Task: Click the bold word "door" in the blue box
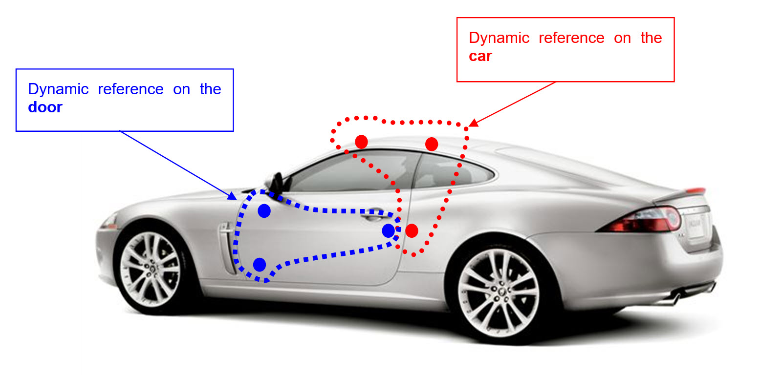[45, 107]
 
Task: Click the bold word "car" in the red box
[480, 57]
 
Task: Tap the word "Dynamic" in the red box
[499, 38]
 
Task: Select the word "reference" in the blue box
[130, 89]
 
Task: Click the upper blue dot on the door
[264, 211]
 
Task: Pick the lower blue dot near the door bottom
[260, 265]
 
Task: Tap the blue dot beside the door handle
[389, 230]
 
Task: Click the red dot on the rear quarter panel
[412, 230]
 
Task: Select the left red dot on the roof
[361, 142]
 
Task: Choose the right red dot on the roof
[432, 144]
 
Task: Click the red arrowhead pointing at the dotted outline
[472, 123]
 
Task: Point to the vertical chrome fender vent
[225, 247]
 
